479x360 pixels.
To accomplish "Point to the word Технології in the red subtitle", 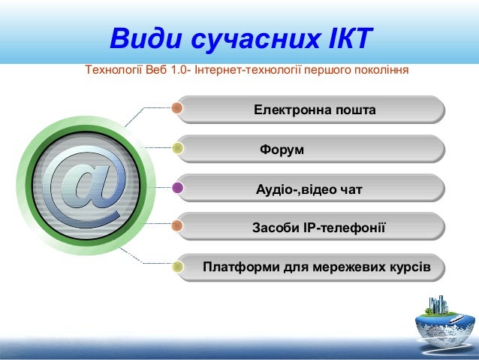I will coord(113,71).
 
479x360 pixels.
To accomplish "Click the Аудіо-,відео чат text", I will coord(309,189).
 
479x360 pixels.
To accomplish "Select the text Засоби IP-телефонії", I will coord(318,228).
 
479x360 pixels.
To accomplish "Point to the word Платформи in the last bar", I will coord(237,267).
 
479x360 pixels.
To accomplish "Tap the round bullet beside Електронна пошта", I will coord(178,108).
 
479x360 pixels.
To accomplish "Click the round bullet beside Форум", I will coord(178,148).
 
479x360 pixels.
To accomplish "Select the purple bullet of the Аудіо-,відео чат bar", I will coord(178,188).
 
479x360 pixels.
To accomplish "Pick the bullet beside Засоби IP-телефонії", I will coord(178,226).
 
